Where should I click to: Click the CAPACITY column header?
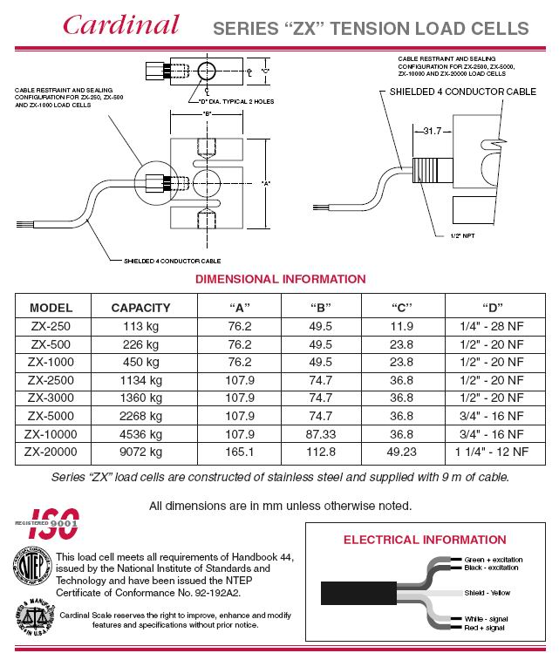point(140,307)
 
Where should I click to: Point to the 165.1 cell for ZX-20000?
point(239,451)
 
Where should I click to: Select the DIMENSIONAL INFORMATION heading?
point(280,279)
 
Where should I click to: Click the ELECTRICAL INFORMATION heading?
point(425,540)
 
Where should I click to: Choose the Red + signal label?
point(485,627)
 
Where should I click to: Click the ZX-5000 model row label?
point(51,415)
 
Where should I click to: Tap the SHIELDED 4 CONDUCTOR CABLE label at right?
point(462,91)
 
